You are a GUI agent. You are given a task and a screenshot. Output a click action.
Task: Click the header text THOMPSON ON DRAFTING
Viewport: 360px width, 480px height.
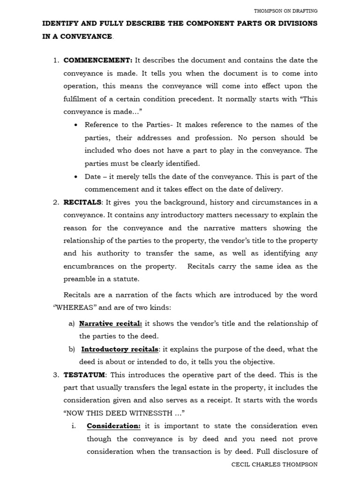(285, 11)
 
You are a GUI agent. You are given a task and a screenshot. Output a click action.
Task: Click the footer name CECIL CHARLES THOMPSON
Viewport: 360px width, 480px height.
(275, 464)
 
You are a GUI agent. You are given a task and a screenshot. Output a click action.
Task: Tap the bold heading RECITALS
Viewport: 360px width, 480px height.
(82, 202)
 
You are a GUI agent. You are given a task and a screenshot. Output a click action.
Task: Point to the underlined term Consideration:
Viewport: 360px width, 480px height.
(113, 426)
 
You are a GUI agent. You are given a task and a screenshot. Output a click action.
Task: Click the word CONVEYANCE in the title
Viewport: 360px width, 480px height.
(85, 37)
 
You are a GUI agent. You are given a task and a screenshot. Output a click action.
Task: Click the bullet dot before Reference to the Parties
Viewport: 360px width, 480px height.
(76, 125)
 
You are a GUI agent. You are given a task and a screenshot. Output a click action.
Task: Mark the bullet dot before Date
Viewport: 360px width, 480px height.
(76, 177)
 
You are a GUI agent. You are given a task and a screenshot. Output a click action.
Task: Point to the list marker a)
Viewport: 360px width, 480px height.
(71, 323)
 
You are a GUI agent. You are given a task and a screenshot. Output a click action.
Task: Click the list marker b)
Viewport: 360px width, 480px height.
(71, 349)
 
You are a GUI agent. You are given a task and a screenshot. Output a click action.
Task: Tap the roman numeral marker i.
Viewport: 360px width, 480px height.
(74, 426)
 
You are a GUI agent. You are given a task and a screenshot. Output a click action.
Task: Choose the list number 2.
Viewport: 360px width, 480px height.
(55, 202)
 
